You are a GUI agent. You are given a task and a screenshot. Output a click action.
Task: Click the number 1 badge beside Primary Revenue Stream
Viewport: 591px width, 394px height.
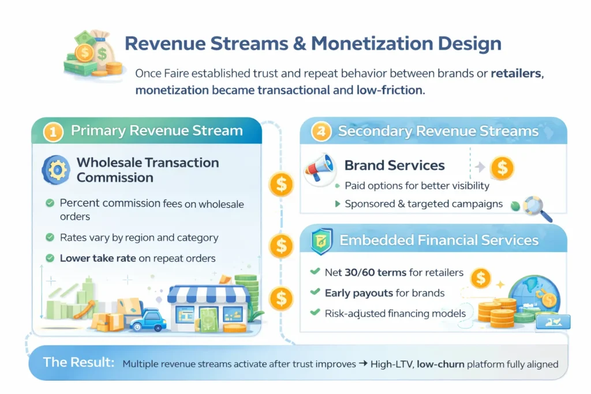point(53,132)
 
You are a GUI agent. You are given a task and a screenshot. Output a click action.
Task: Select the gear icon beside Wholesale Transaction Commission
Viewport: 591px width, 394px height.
point(56,170)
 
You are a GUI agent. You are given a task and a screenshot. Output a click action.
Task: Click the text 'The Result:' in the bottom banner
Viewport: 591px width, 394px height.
point(78,363)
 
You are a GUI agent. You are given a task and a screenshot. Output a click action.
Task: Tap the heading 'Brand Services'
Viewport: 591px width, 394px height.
point(394,166)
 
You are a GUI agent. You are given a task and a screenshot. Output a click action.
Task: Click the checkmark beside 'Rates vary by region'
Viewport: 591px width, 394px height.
point(50,237)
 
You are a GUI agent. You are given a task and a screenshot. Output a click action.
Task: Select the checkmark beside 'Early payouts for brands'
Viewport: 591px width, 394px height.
point(315,292)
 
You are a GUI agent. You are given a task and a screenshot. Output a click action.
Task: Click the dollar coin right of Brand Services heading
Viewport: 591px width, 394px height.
point(502,168)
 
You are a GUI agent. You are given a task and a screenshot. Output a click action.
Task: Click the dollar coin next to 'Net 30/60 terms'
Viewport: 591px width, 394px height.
point(480,278)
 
